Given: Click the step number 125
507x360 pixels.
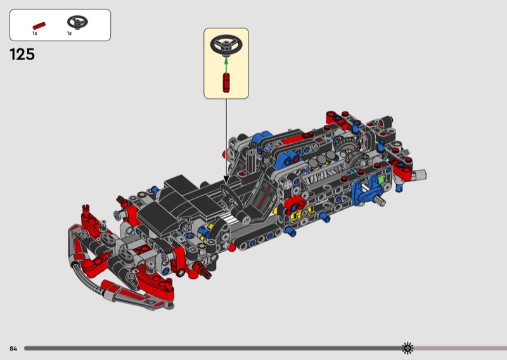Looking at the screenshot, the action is tap(22, 55).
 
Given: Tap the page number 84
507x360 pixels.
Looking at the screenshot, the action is tap(13, 349).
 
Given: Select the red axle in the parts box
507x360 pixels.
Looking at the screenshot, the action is tap(39, 26).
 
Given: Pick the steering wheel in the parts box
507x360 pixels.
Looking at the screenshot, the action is tap(77, 22).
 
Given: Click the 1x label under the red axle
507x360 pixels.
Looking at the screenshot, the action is tap(35, 34).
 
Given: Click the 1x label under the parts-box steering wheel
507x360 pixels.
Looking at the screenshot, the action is tap(69, 34).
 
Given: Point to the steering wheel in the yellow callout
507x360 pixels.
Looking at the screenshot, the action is tap(226, 45).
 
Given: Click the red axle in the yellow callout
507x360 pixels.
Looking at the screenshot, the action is tap(226, 83).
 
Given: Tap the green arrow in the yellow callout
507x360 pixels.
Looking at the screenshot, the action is tap(226, 65).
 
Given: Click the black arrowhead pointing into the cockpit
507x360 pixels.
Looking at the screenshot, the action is tap(226, 180).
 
